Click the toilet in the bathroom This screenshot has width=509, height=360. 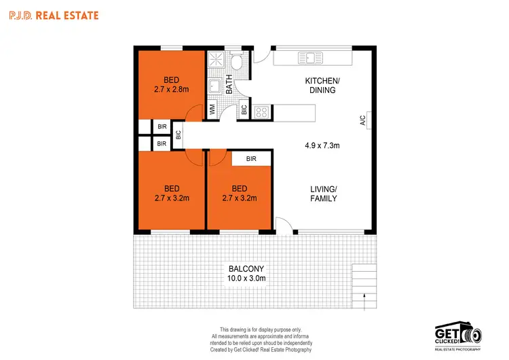[237, 62]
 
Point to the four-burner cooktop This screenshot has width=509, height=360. [262, 111]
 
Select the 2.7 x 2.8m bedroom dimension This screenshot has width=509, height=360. [171, 88]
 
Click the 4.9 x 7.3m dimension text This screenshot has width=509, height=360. [322, 145]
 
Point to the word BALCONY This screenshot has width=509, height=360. [245, 267]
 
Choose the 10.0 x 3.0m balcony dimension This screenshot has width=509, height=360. [245, 277]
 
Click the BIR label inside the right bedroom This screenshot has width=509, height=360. [251, 159]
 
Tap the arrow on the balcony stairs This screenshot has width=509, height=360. [364, 296]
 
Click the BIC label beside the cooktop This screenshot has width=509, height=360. [244, 109]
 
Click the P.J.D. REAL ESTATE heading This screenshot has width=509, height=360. [54, 14]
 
